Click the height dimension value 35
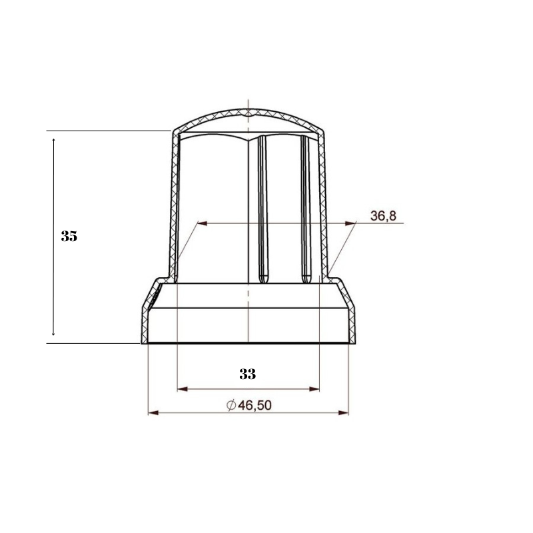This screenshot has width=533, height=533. [69, 237]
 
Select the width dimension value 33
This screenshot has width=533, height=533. [248, 374]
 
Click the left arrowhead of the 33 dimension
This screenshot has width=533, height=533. [181, 388]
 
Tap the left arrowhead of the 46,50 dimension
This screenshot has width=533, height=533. [152, 414]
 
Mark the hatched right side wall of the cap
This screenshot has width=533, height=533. [323, 200]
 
